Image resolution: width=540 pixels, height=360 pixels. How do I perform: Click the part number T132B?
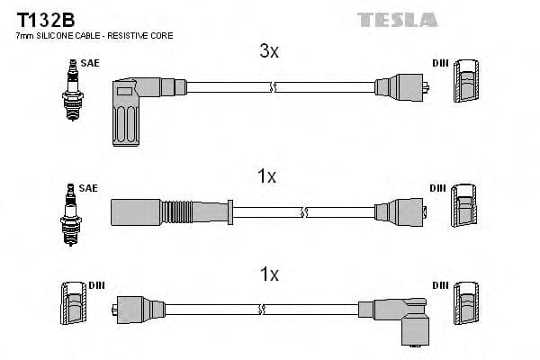tap(39, 19)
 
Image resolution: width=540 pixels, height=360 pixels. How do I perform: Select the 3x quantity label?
tap(269, 52)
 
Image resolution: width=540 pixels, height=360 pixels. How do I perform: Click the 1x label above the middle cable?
tap(266, 177)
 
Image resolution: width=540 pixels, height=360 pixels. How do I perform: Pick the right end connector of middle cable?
tap(400, 211)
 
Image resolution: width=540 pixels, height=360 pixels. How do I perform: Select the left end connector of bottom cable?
tap(131, 309)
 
